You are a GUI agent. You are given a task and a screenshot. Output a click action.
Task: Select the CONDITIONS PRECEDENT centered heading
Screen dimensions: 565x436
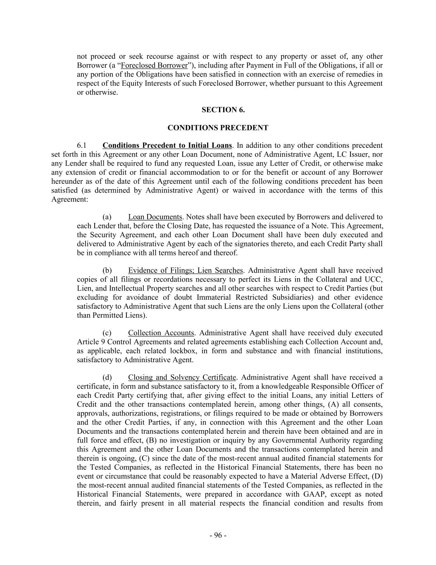[218, 128]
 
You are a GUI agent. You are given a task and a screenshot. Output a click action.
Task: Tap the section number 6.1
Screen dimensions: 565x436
[81, 146]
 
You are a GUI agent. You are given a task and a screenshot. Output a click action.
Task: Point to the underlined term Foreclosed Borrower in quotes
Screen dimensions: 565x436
[154, 65]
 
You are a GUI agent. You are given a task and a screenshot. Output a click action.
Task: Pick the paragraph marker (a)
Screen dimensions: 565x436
[107, 217]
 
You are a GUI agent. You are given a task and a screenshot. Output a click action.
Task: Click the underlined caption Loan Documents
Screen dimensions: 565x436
[155, 217]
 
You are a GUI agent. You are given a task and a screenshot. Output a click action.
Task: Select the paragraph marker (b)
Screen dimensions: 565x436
[107, 270]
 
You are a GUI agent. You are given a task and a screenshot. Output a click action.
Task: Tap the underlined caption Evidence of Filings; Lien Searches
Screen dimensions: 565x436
[186, 270]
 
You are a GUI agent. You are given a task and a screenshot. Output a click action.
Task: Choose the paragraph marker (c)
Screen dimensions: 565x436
[107, 333]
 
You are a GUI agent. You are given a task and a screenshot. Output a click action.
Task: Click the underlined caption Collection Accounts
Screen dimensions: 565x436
[161, 333]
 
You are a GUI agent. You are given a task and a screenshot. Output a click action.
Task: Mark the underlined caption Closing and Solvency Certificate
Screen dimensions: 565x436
[182, 377]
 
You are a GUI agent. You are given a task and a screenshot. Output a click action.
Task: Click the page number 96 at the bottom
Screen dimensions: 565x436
[218, 535]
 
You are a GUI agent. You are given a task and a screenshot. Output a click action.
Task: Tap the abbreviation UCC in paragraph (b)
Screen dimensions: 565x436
[375, 279]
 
